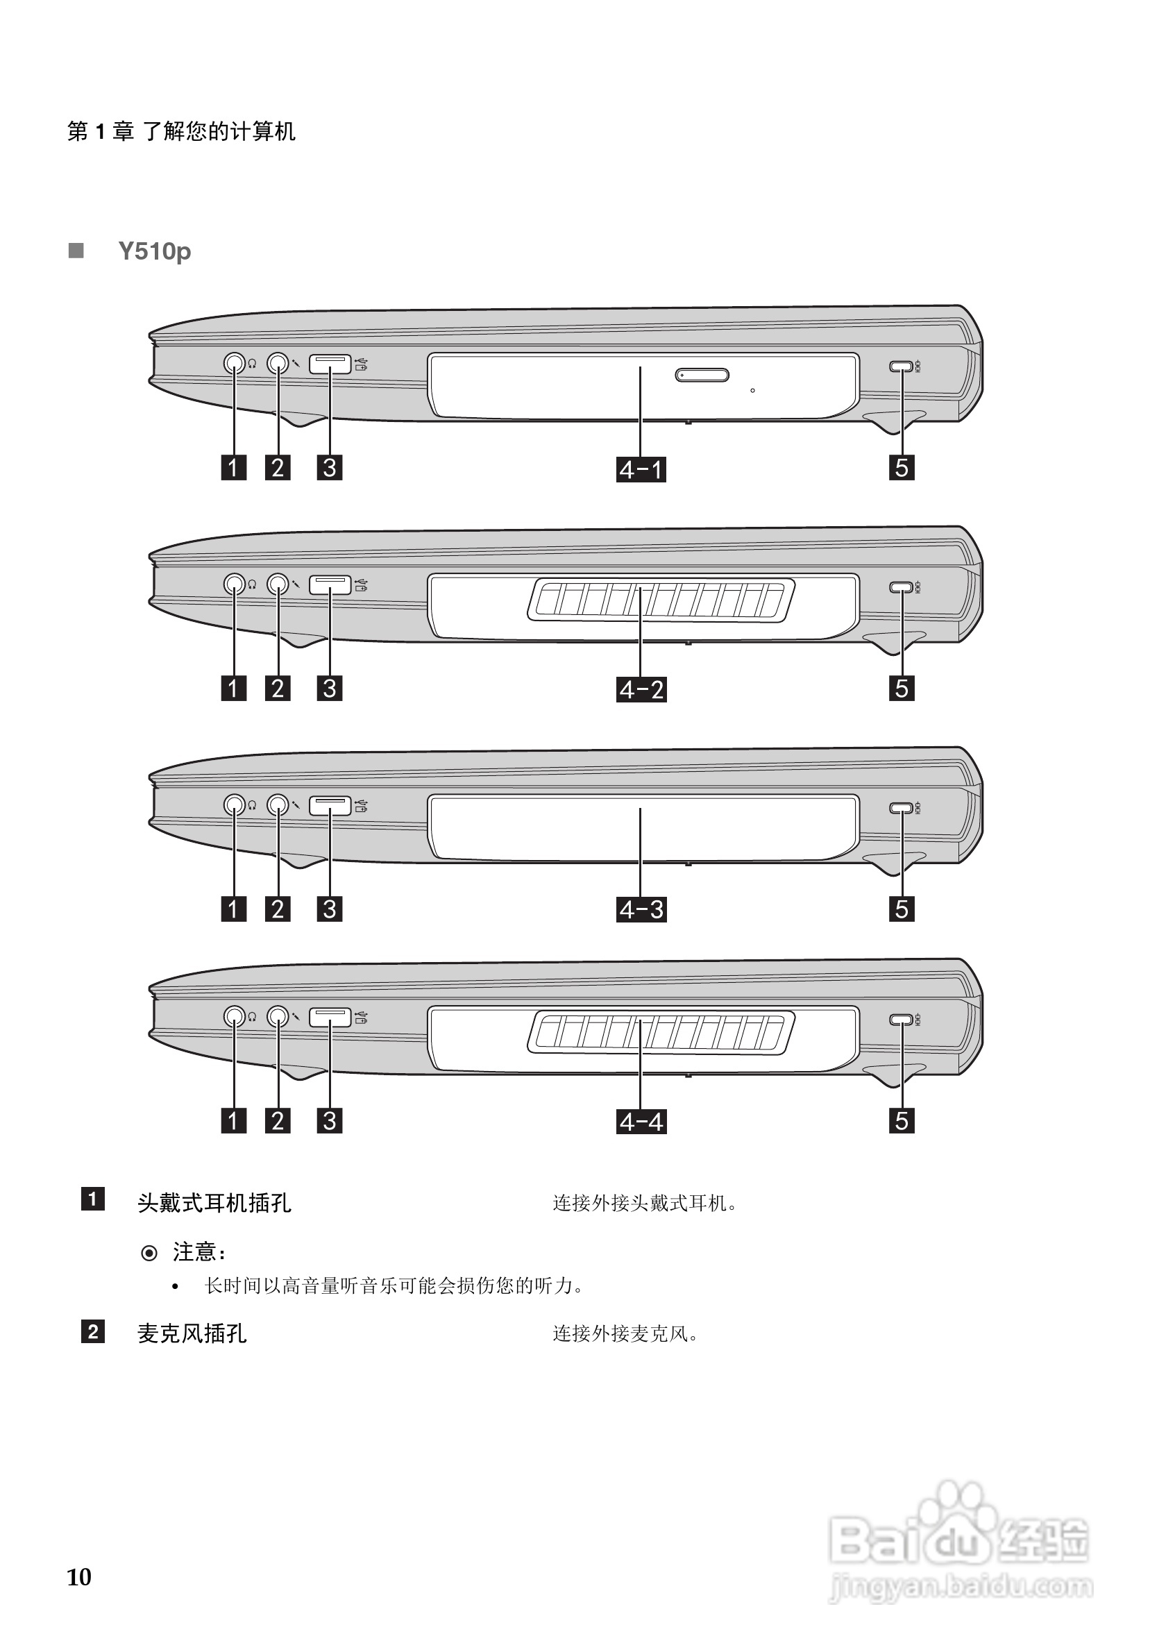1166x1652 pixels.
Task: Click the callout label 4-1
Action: (641, 470)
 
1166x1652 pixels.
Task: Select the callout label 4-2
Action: (641, 690)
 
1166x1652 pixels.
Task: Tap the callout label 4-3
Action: (641, 909)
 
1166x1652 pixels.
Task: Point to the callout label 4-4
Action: (641, 1122)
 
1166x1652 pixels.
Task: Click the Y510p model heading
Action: (155, 251)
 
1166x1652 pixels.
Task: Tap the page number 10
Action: (79, 1577)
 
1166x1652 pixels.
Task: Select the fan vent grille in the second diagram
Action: (661, 600)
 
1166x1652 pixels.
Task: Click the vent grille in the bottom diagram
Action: (661, 1034)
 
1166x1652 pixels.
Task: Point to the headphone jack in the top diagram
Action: (234, 363)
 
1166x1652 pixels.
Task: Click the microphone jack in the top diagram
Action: (278, 363)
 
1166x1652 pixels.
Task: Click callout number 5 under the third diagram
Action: (902, 909)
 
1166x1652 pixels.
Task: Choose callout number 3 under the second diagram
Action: (330, 689)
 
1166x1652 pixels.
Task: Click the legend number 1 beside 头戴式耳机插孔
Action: (93, 1199)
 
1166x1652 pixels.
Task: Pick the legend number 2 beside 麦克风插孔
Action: (93, 1331)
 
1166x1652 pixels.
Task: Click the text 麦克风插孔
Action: (192, 1333)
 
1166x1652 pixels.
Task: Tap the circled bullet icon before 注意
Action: (149, 1254)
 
